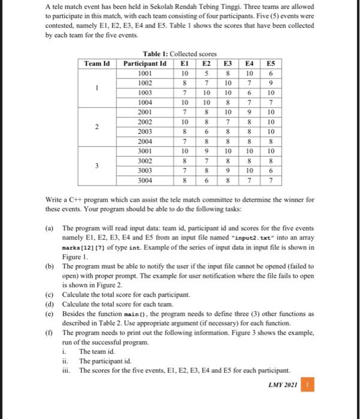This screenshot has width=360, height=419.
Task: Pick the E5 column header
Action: tap(271, 62)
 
